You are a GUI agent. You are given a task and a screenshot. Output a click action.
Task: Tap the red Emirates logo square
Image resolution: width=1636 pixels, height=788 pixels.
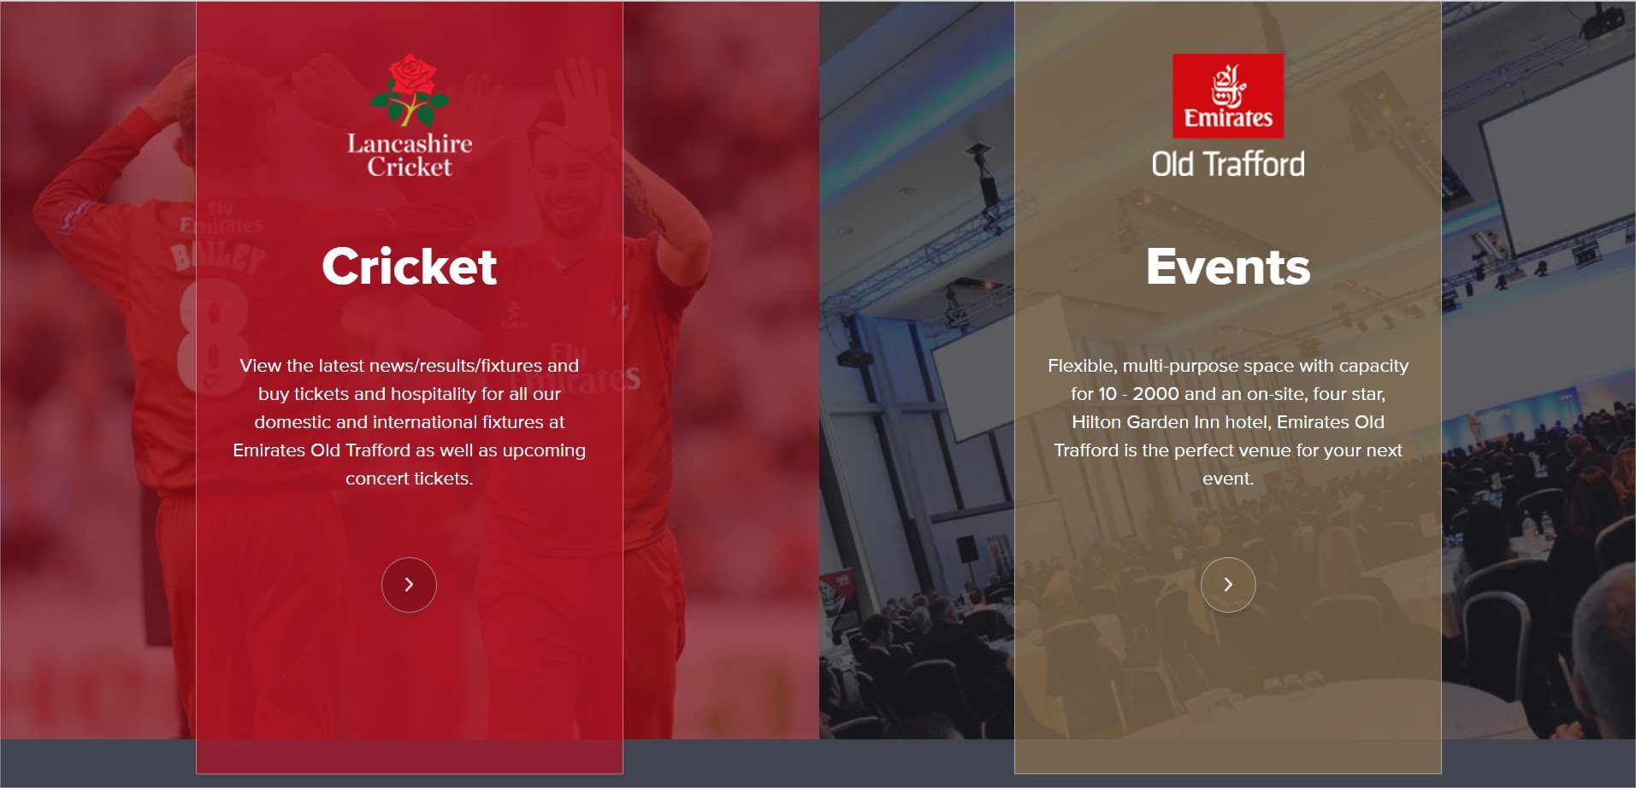[x=1228, y=96]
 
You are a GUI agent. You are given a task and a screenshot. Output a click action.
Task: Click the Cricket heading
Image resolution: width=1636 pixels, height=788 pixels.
[x=409, y=267]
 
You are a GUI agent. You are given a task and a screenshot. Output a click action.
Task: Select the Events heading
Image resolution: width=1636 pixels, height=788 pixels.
[x=1228, y=267]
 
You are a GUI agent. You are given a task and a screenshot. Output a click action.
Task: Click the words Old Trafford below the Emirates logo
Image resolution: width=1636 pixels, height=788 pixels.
[x=1228, y=164]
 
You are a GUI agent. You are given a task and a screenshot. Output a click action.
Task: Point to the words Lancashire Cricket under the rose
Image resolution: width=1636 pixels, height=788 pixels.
[x=410, y=155]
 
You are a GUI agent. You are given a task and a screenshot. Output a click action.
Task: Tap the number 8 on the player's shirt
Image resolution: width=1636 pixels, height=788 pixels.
[x=213, y=337]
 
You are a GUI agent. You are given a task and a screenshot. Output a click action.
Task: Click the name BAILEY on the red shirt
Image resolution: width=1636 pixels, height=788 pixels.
[x=217, y=256]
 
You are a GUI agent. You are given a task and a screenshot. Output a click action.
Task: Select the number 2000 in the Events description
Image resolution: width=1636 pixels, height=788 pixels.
[x=1156, y=394]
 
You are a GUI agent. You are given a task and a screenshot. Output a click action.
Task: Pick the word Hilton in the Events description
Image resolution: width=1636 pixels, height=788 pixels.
[x=1096, y=422]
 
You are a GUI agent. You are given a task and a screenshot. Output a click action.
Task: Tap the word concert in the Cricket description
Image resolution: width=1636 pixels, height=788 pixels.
[x=375, y=479]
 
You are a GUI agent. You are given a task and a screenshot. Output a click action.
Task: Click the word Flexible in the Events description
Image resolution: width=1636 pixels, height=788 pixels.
[x=1082, y=366]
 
